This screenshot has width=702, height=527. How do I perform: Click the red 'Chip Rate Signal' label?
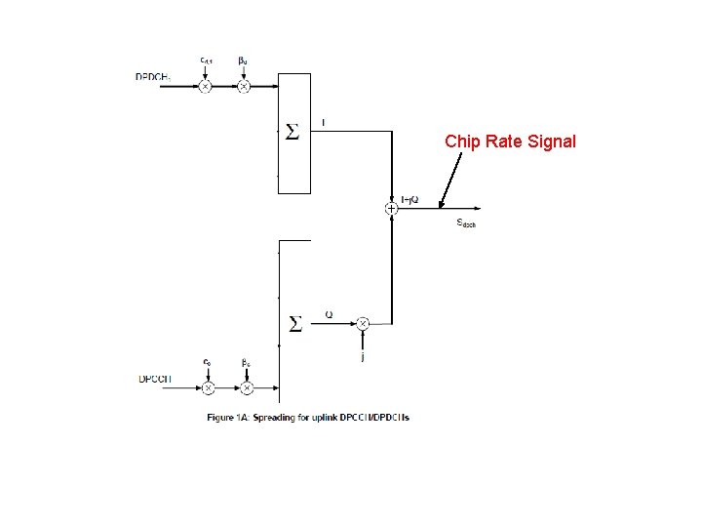(510, 142)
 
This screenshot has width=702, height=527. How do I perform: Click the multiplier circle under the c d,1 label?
(206, 86)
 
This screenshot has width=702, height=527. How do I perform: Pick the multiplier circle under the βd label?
(244, 86)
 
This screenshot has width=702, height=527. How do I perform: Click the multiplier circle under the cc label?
(208, 387)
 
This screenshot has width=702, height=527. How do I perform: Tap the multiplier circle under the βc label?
(247, 387)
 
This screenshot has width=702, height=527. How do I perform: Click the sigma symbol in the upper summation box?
(292, 132)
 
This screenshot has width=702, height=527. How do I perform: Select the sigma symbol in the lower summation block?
(293, 323)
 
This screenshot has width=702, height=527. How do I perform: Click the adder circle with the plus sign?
(391, 207)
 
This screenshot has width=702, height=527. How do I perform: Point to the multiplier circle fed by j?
(362, 323)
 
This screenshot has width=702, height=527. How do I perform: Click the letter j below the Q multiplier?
(363, 357)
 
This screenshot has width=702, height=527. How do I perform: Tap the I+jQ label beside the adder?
(409, 199)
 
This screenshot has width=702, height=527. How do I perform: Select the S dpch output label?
(466, 223)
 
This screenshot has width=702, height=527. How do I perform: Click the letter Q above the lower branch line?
(329, 314)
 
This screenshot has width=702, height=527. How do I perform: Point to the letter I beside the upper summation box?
(324, 122)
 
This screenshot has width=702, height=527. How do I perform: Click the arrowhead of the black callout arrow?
(441, 206)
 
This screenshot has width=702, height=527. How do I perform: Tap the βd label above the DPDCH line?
(243, 61)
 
